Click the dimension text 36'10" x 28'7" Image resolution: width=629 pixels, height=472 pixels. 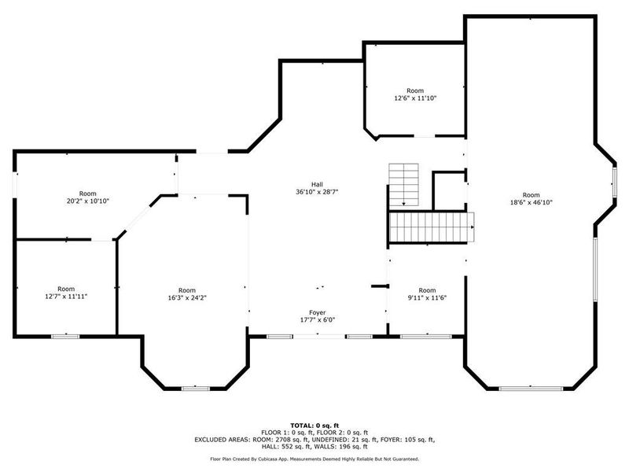pos(317,192)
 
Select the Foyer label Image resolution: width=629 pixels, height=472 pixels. pos(317,312)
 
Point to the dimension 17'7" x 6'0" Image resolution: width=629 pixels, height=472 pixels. pos(317,320)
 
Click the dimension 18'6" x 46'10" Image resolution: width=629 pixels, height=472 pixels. pos(532,202)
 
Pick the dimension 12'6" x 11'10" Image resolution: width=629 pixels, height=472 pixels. pos(414,98)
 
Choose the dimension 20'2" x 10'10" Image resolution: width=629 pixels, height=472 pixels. pos(87,201)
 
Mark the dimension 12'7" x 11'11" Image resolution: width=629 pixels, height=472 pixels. pos(66,297)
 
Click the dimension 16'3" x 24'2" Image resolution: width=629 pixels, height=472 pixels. pos(186,298)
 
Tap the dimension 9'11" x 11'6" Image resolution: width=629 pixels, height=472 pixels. pos(427,298)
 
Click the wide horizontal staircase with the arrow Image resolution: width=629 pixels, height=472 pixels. pos(432,227)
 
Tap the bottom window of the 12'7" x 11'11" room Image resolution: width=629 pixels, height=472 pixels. pos(65,336)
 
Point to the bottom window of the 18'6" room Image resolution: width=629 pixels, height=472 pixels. pos(531,388)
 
